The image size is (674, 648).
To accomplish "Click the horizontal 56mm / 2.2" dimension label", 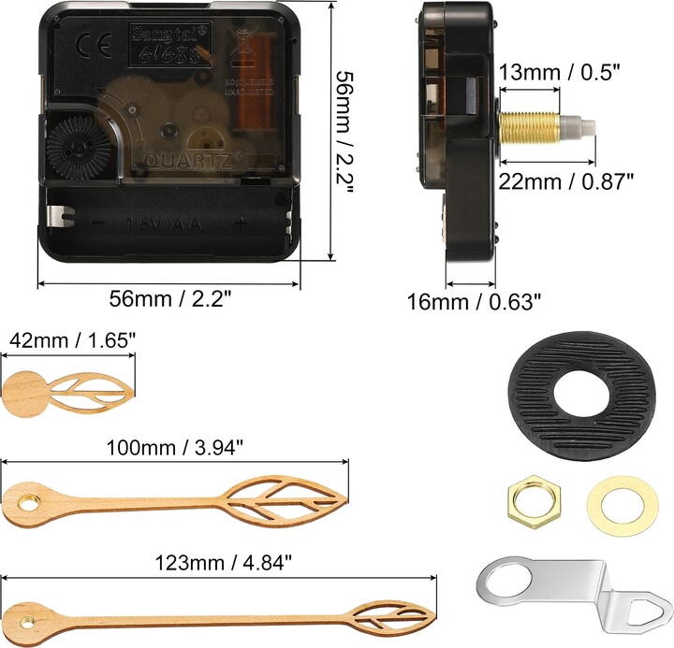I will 169,298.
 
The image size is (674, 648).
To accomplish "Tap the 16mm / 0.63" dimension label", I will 475,301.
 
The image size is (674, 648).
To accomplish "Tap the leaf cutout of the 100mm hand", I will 281,495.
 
